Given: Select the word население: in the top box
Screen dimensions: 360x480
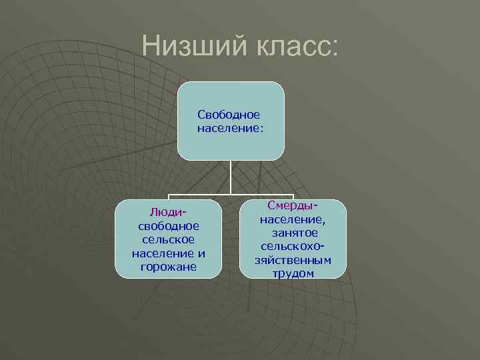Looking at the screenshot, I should coord(231,127).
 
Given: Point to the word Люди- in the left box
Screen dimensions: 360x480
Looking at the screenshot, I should coord(167,212).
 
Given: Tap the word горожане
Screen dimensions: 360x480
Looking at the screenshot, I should coord(167,267).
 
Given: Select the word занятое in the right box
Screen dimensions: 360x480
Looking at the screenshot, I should coord(293,233).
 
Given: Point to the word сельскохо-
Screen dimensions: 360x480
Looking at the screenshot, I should coord(293,246).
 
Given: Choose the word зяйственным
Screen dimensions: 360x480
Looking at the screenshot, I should coord(293,260).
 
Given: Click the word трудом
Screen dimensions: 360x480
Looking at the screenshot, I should coord(293,273).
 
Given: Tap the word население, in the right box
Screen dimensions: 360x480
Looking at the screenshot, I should coord(293,219).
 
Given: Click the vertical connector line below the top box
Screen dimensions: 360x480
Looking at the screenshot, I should coord(231,177).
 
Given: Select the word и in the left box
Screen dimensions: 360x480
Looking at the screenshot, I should coord(201,253).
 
